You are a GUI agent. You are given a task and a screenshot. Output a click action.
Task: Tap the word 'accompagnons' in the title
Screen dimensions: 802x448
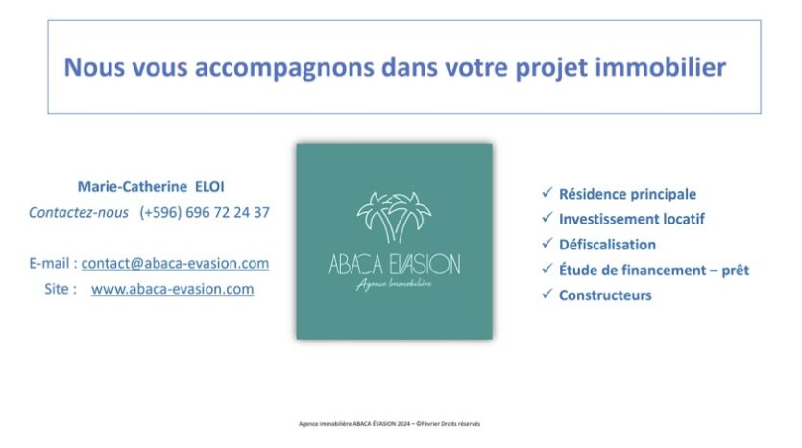284,68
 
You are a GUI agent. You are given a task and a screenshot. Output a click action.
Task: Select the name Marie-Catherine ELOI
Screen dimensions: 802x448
151,186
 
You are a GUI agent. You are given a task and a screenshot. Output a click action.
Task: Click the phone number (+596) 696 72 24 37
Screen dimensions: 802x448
205,213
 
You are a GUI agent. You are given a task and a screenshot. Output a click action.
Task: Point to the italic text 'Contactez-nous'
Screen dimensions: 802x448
78,213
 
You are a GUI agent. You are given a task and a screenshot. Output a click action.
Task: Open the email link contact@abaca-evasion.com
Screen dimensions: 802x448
175,263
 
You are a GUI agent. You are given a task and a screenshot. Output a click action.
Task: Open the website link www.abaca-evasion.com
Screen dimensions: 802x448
172,289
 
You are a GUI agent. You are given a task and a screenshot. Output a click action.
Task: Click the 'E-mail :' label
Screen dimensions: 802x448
53,263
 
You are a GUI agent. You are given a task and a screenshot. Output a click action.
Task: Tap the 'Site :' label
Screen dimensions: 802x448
61,289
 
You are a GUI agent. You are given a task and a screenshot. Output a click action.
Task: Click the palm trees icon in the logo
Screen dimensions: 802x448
394,217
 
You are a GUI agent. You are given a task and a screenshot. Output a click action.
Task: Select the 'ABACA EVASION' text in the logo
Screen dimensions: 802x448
395,265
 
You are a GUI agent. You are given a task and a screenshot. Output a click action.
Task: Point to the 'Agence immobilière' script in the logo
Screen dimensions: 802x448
394,284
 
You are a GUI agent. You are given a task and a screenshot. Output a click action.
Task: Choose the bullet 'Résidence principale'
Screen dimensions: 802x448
627,194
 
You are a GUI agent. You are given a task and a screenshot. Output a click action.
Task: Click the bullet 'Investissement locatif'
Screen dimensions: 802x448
632,219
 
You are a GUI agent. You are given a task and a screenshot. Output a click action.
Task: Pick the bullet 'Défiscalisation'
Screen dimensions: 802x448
607,245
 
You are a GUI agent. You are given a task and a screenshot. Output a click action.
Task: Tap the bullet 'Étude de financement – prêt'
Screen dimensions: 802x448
654,270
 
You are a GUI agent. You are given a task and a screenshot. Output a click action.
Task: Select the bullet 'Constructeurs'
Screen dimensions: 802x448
605,295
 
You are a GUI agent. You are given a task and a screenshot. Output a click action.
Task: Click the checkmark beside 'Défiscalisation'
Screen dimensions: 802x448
547,243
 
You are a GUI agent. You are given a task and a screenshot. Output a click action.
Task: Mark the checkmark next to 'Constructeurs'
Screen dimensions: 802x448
547,294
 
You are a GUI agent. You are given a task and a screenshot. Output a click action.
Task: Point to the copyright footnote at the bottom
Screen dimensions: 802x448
389,423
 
